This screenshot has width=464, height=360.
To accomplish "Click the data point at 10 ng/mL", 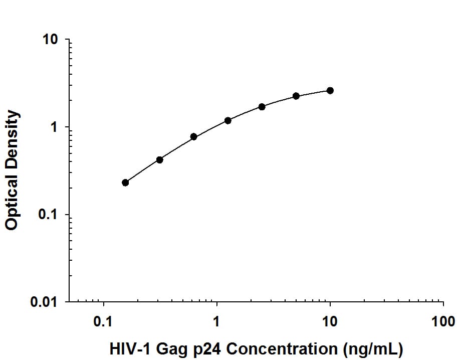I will pos(330,90).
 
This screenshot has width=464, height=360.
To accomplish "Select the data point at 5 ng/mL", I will pos(296,96).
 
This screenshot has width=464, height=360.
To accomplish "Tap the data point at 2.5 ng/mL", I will pos(262,107).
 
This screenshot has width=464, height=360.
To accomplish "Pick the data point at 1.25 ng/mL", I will pos(228,120).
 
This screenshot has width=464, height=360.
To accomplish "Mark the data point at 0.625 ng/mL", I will pos(193,136).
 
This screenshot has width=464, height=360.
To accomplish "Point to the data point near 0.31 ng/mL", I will pos(159,160).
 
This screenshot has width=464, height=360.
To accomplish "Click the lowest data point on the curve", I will pos(125,183).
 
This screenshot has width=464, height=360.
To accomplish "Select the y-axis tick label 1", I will pos(56,127).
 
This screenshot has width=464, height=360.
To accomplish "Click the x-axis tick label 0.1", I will pos(104,321).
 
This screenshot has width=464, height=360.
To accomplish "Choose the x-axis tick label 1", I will pos(217,321).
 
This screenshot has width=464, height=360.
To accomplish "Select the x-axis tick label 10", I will pos(330,321).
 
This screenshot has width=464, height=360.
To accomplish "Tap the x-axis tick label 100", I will pos(443,321).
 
